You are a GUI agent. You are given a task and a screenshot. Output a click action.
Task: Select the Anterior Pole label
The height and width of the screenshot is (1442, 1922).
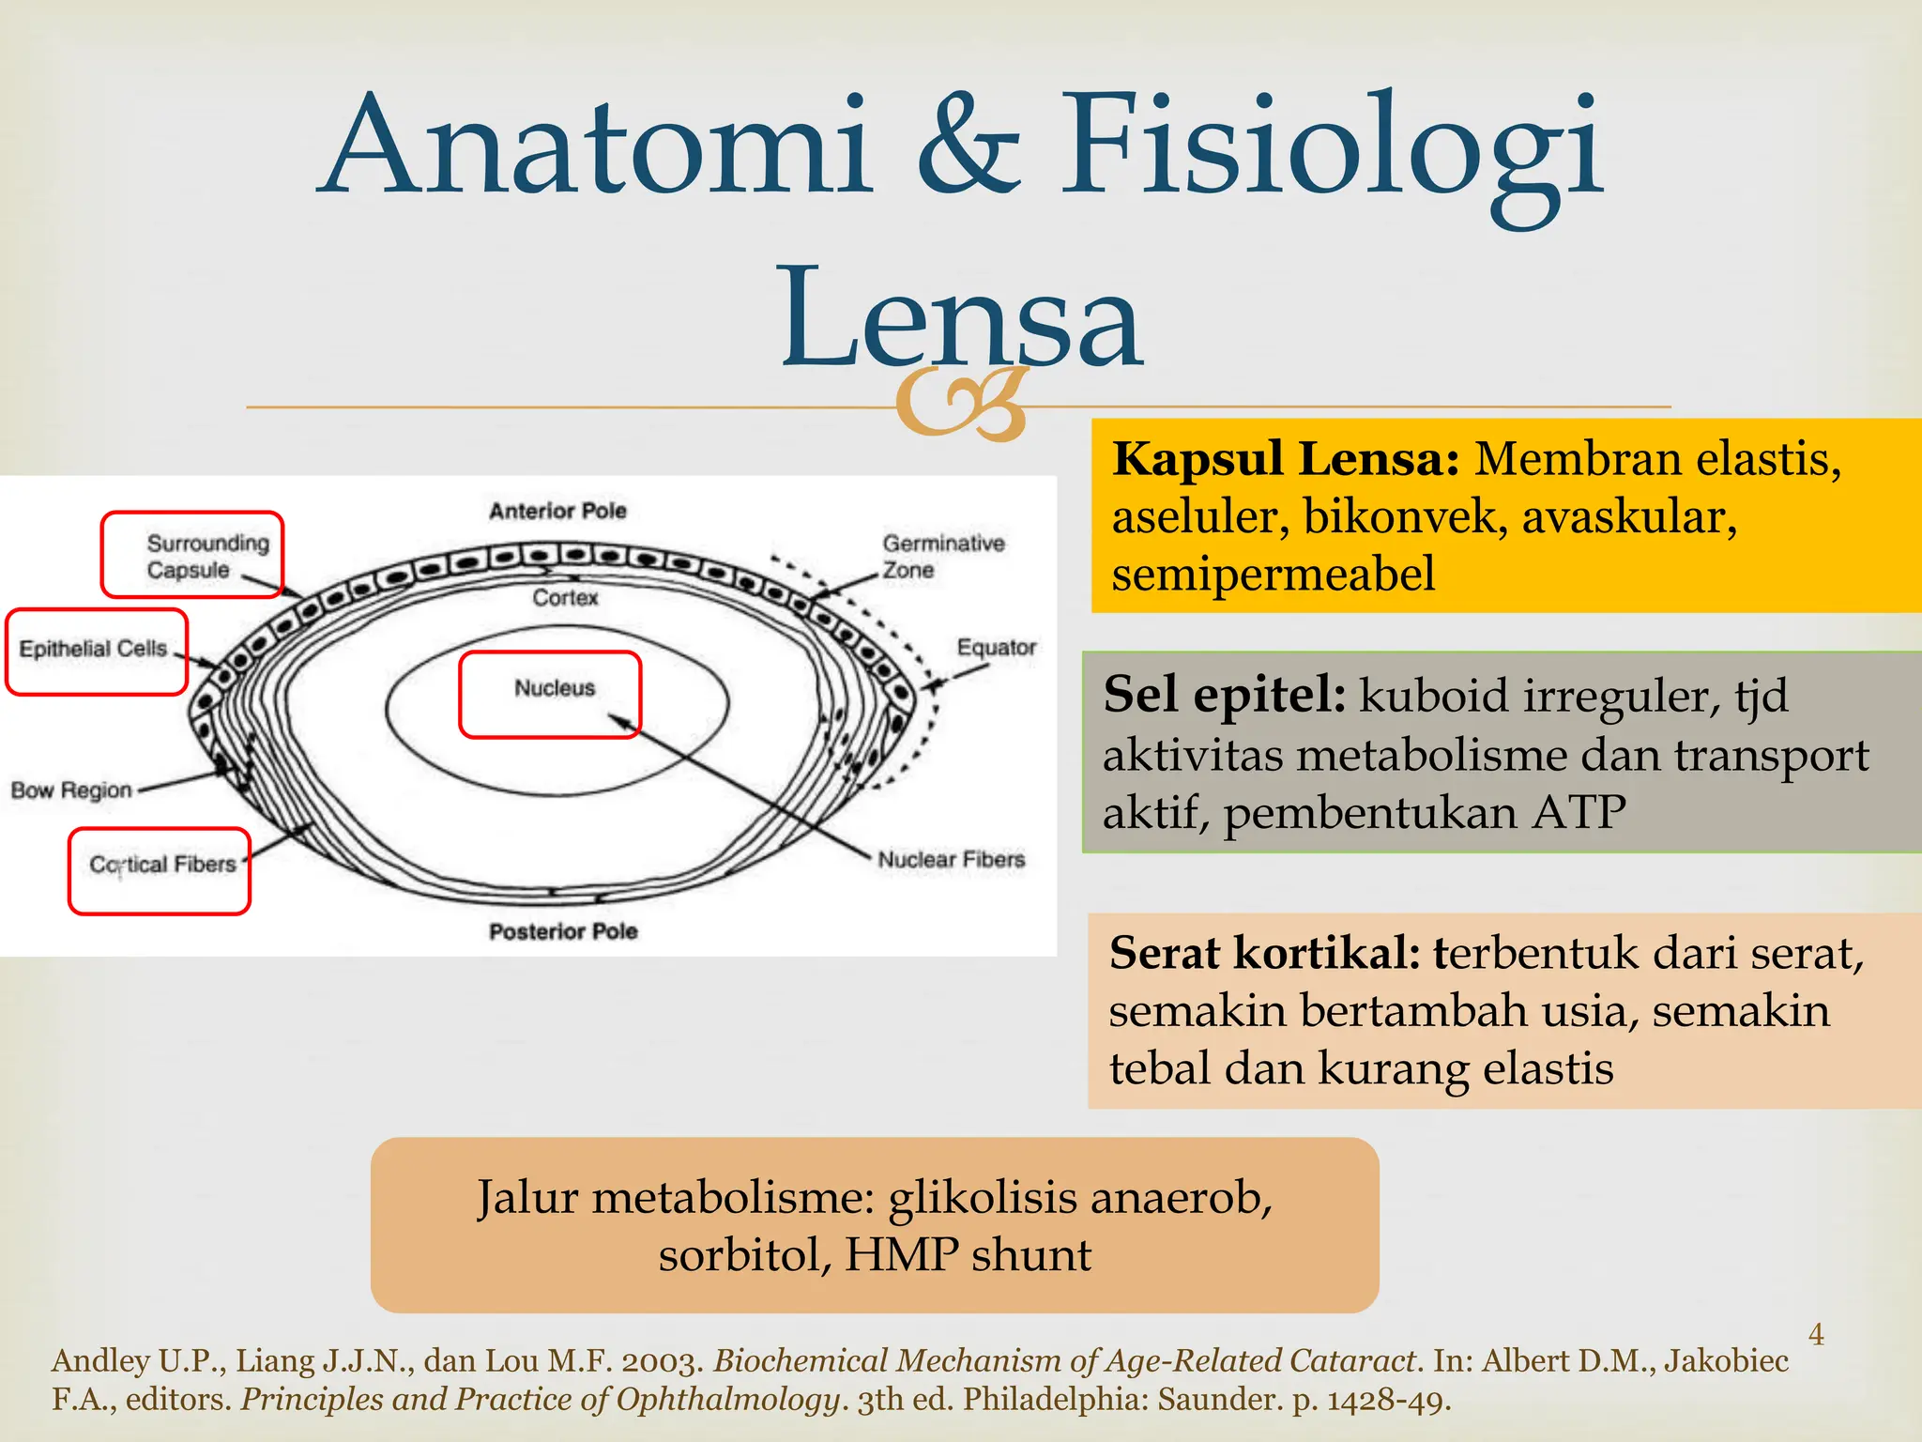(557, 511)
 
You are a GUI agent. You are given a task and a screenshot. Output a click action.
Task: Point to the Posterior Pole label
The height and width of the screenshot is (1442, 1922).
(563, 931)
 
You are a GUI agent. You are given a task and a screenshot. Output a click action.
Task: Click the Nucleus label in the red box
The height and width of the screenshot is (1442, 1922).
(555, 688)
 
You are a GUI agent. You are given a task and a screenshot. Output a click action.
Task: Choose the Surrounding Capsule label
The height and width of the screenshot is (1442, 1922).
(206, 556)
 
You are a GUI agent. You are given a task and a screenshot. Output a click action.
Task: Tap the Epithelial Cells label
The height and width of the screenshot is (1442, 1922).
(93, 649)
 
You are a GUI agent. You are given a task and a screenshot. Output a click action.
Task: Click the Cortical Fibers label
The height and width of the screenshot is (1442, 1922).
(162, 864)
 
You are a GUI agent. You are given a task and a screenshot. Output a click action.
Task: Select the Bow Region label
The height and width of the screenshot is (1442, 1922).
(71, 790)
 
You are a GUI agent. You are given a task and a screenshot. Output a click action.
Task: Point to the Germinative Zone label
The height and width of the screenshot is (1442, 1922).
(942, 556)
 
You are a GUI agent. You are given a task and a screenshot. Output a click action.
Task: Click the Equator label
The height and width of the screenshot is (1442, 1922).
(996, 647)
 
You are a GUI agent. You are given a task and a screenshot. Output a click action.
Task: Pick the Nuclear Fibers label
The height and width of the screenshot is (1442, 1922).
(951, 859)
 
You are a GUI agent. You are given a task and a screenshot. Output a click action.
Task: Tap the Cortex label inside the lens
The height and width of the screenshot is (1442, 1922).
(565, 597)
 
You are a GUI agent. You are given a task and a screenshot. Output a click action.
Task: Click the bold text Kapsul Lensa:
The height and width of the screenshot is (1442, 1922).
(1285, 460)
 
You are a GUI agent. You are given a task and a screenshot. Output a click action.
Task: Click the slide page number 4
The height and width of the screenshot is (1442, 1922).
(1816, 1334)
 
